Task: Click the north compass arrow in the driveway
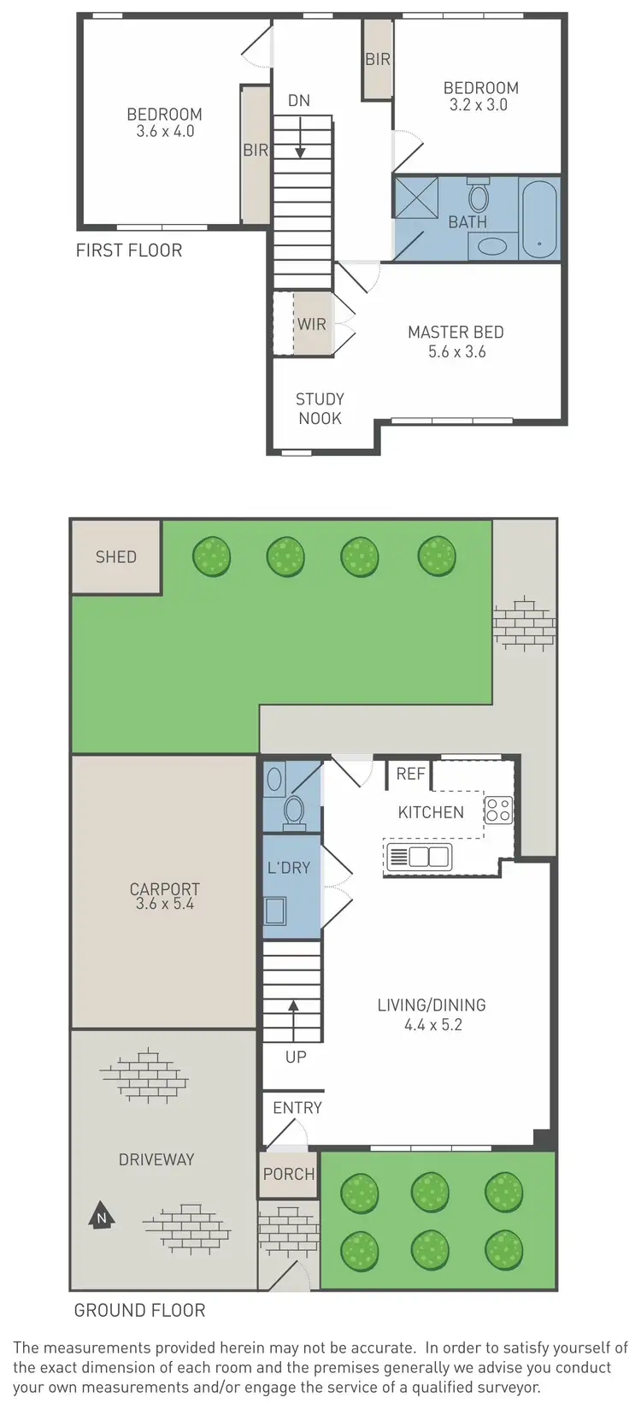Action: [x=102, y=1214]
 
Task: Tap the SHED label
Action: [x=115, y=557]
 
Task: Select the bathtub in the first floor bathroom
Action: [x=538, y=219]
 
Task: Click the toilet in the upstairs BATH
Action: [x=479, y=197]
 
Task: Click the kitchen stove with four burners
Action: [x=498, y=810]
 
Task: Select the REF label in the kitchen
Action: [x=410, y=774]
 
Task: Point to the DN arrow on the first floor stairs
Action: [x=300, y=139]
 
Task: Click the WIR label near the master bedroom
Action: [x=311, y=324]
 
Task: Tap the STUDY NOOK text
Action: [x=320, y=409]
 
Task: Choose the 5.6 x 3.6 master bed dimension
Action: [x=456, y=351]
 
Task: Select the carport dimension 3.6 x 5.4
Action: [x=164, y=904]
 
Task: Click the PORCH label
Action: [x=289, y=1174]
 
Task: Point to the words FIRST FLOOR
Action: [x=129, y=251]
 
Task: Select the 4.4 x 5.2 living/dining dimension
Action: [x=432, y=1024]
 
